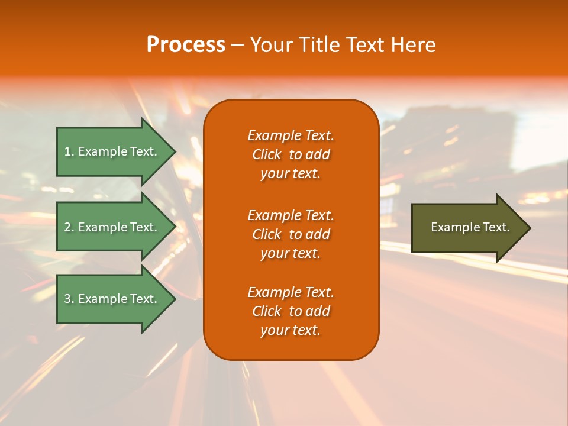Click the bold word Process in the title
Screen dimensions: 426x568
pyautogui.click(x=186, y=45)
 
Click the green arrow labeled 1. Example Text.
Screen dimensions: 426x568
pyautogui.click(x=112, y=151)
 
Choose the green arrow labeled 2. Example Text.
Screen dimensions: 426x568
pyautogui.click(x=112, y=227)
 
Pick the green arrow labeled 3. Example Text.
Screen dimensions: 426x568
pyautogui.click(x=112, y=299)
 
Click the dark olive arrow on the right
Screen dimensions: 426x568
pyautogui.click(x=467, y=228)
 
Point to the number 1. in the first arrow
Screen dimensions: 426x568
pyautogui.click(x=69, y=151)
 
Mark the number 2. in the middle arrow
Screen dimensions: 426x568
pyautogui.click(x=69, y=227)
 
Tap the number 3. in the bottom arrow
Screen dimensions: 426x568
pyautogui.click(x=69, y=299)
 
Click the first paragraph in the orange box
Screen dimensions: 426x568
pyautogui.click(x=291, y=154)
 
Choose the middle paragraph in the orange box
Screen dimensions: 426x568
pyautogui.click(x=291, y=234)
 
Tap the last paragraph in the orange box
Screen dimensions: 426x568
pyautogui.click(x=291, y=311)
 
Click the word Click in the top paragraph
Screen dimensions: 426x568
pyautogui.click(x=266, y=154)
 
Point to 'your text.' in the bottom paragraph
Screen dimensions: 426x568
pyautogui.click(x=291, y=331)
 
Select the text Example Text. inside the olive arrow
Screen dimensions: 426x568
pyautogui.click(x=470, y=227)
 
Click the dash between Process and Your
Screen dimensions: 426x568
pyautogui.click(x=237, y=46)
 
